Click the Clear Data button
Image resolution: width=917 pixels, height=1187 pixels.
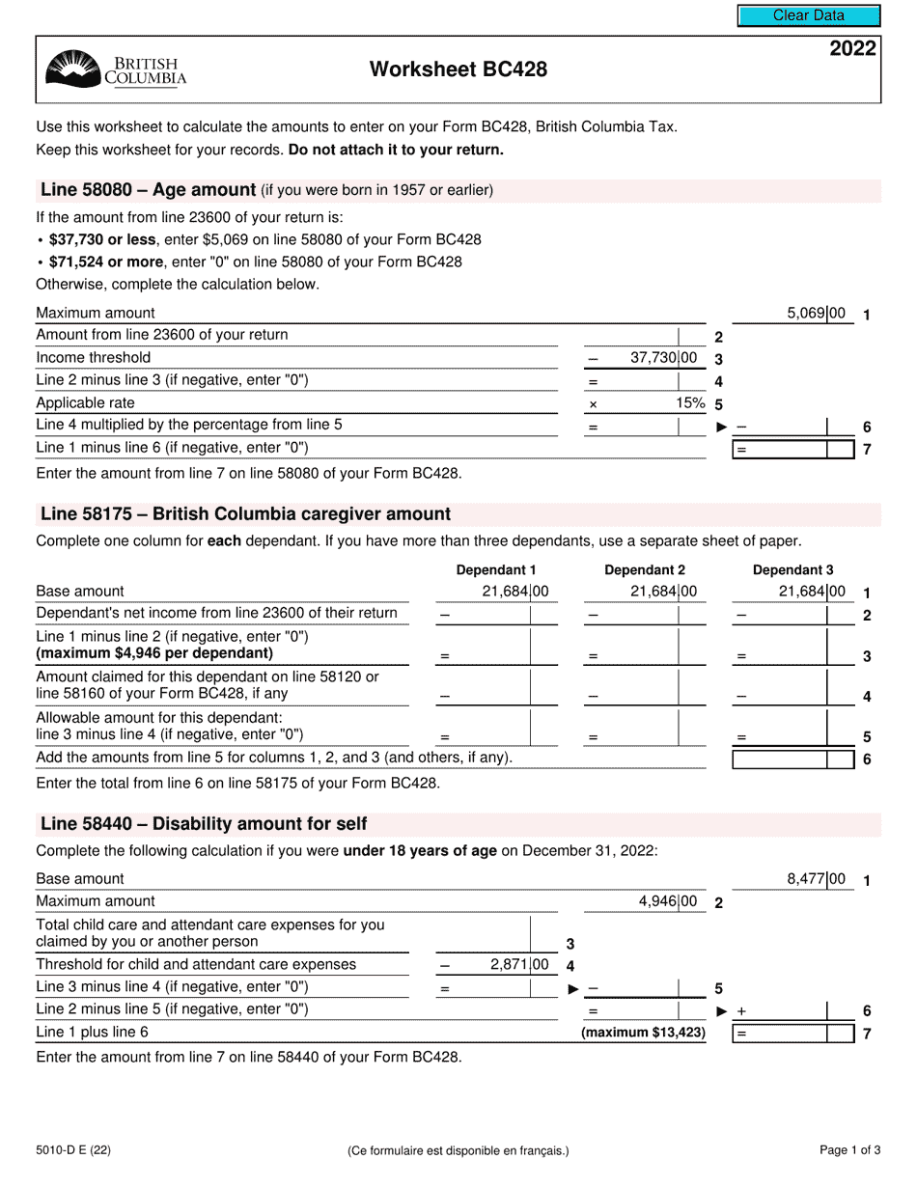[x=809, y=15]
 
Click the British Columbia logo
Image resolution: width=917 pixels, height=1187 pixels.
[x=116, y=70]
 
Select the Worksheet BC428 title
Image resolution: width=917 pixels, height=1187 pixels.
[x=458, y=69]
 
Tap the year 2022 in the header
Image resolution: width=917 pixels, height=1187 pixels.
[x=852, y=49]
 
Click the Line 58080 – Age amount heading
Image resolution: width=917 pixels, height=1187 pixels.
[x=148, y=190]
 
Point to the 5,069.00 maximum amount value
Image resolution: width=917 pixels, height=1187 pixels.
[x=817, y=314]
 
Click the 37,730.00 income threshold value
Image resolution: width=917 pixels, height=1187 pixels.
[x=663, y=358]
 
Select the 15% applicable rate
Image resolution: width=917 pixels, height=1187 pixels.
[x=690, y=403]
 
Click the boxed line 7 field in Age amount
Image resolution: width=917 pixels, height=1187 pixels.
[x=793, y=449]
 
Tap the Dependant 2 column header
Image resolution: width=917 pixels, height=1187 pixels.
[x=645, y=570]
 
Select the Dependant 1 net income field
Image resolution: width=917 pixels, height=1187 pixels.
[x=494, y=615]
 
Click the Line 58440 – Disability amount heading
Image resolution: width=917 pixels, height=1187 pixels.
[x=204, y=824]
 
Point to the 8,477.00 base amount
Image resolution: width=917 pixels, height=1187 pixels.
[x=817, y=879]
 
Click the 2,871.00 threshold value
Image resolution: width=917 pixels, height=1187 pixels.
[x=519, y=965]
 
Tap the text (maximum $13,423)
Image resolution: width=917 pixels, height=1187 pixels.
[x=643, y=1033]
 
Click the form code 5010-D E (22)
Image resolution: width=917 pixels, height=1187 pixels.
[x=72, y=1150]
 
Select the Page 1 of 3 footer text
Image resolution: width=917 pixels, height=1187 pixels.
[x=849, y=1150]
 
